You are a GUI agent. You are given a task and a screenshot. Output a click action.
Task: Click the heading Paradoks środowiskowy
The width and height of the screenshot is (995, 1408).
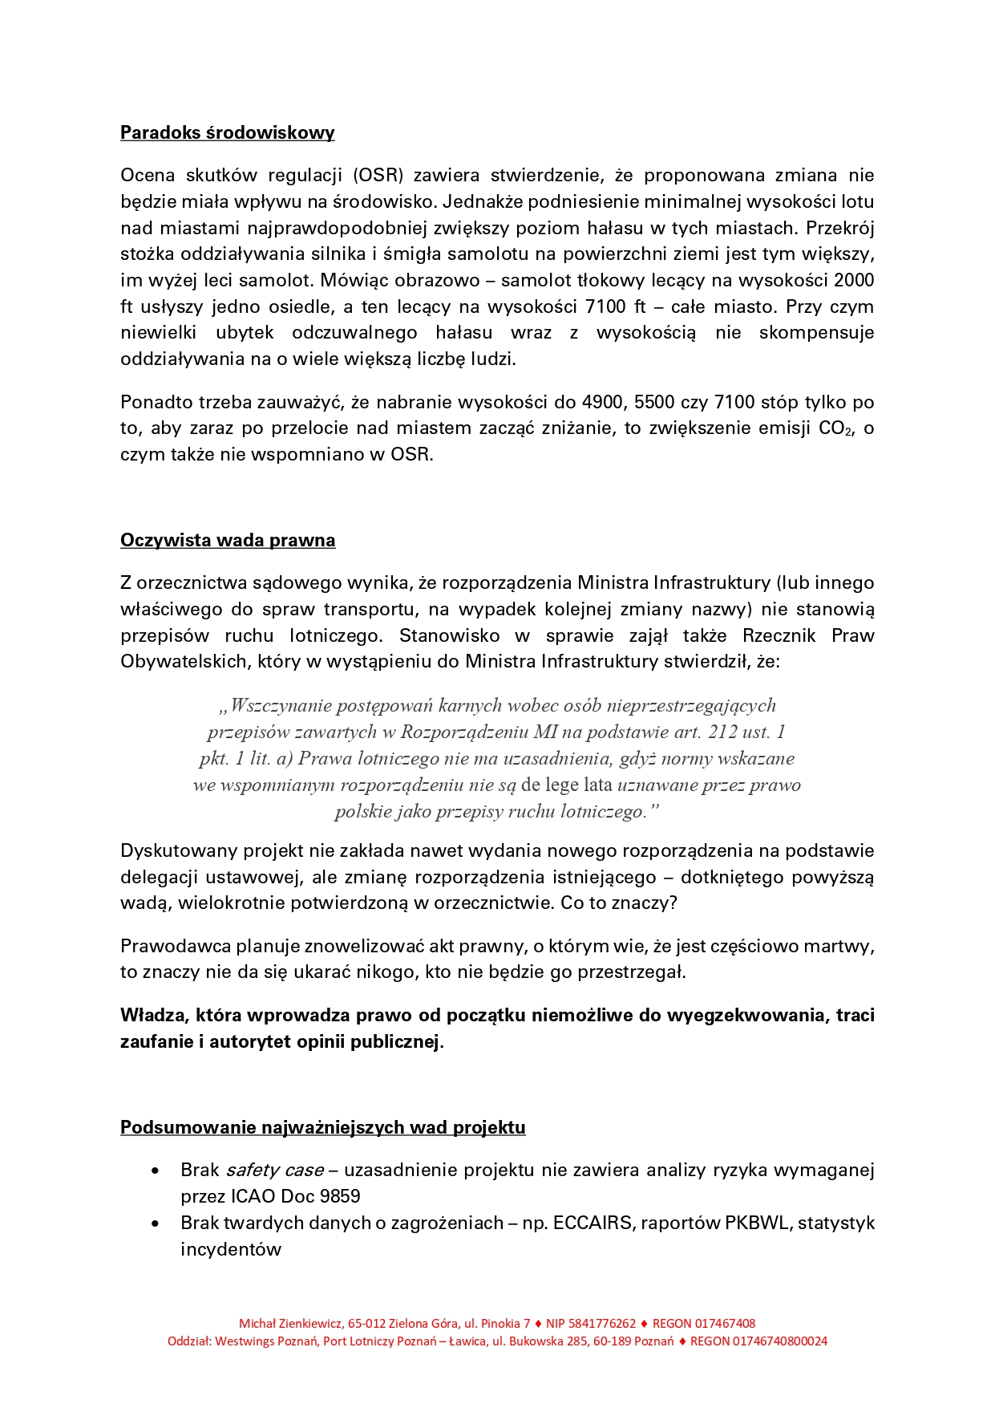coord(227,132)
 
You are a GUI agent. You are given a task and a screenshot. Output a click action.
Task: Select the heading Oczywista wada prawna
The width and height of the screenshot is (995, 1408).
coord(228,540)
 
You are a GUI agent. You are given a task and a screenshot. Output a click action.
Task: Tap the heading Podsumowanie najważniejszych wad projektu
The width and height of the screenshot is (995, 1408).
coord(322,1127)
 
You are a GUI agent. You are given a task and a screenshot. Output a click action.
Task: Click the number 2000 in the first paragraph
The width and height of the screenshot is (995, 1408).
coord(853,280)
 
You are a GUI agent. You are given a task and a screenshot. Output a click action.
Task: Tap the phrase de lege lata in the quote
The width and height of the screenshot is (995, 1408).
coord(567,785)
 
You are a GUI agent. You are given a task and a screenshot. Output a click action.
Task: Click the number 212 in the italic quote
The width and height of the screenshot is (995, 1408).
coord(723,732)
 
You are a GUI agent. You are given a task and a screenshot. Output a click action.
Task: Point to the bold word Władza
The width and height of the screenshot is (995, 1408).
coord(155,1015)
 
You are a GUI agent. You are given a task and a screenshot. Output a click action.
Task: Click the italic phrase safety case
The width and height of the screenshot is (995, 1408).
coord(275,1170)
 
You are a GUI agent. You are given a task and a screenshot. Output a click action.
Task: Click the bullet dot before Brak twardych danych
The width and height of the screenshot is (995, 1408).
coord(156,1223)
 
